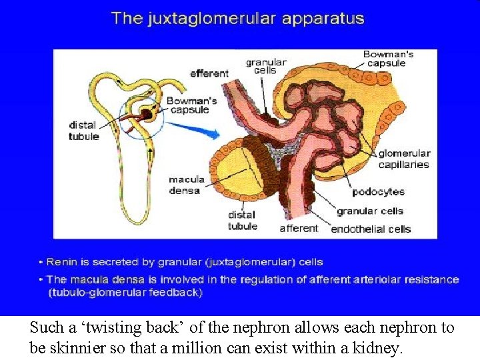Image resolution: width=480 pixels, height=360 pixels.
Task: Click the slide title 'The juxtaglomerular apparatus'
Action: pyautogui.click(x=238, y=18)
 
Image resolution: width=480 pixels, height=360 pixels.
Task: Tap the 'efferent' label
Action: pyautogui.click(x=209, y=73)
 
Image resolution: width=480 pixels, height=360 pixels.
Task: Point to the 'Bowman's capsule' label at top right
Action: pyautogui.click(x=389, y=59)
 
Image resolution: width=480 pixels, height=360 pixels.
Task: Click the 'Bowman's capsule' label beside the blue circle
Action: pyautogui.click(x=191, y=105)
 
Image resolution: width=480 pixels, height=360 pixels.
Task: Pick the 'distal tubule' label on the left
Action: pyautogui.click(x=83, y=131)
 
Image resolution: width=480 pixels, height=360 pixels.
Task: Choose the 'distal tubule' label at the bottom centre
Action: pyautogui.click(x=242, y=220)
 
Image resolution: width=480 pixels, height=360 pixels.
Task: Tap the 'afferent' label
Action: pyautogui.click(x=299, y=228)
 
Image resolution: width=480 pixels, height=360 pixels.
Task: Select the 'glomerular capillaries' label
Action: pyautogui.click(x=404, y=159)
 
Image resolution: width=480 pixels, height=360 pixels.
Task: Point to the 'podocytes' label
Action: pyautogui.click(x=378, y=191)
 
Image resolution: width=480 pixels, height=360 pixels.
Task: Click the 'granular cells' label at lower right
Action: pyautogui.click(x=370, y=211)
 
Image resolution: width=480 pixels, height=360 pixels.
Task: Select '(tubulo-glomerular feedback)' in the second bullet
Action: pyautogui.click(x=125, y=292)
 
